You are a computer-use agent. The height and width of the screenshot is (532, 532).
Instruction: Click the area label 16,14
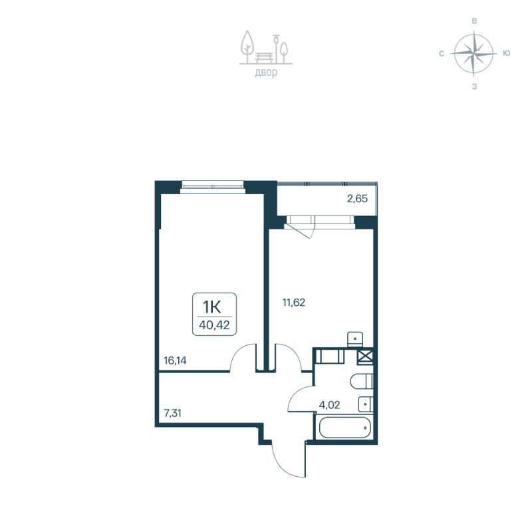point(175,361)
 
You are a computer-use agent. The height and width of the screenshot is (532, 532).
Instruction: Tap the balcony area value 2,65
point(356,198)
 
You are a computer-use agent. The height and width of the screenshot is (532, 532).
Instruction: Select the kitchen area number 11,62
point(293,302)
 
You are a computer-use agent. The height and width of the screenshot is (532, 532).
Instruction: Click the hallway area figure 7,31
point(173,412)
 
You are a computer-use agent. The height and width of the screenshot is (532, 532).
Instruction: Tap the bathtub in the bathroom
point(343,428)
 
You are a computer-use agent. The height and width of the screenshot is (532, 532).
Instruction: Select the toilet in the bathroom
point(362,382)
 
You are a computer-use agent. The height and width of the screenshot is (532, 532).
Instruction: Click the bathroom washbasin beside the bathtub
point(366,404)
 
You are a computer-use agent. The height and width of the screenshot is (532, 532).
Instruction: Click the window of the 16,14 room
point(213,186)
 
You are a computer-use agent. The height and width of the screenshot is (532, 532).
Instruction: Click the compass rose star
point(473,53)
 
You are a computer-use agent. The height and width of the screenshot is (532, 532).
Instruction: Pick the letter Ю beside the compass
point(507,53)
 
